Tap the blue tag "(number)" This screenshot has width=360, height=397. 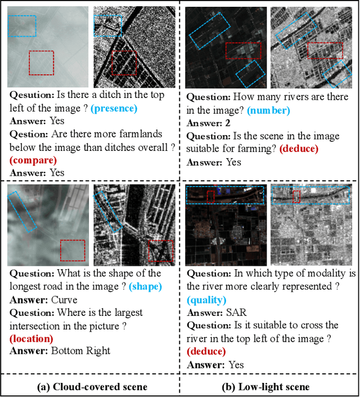click(269, 110)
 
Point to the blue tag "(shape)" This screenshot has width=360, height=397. click(145, 287)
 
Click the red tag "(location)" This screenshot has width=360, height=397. click(31, 338)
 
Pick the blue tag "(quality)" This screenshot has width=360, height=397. click(208, 300)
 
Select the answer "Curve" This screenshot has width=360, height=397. click(64, 300)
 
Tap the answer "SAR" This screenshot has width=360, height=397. click(238, 313)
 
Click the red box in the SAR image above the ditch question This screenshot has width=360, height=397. click(124, 62)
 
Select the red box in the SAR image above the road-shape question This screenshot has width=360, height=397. click(161, 251)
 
